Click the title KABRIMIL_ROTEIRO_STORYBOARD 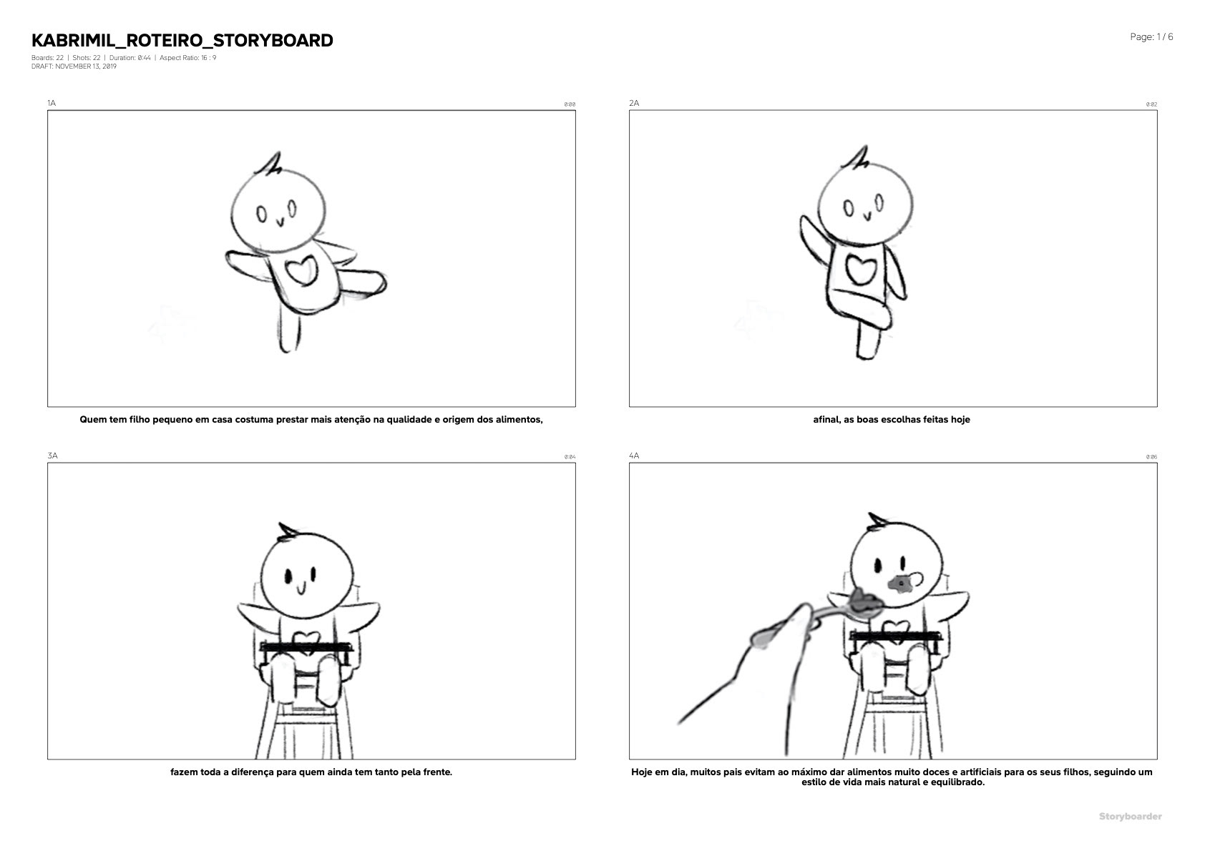coord(182,41)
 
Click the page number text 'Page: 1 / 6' coord(1151,37)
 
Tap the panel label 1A coord(52,103)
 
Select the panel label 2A coord(634,103)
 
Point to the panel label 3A coord(52,456)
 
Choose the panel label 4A coord(634,456)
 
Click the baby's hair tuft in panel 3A coord(288,531)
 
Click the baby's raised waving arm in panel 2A coord(814,239)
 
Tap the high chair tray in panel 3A coord(306,646)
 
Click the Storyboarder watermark coord(1130,816)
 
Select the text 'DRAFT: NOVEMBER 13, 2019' coord(74,67)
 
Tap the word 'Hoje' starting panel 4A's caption coord(642,772)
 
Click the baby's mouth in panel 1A coord(280,222)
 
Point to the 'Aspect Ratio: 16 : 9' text coord(187,57)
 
